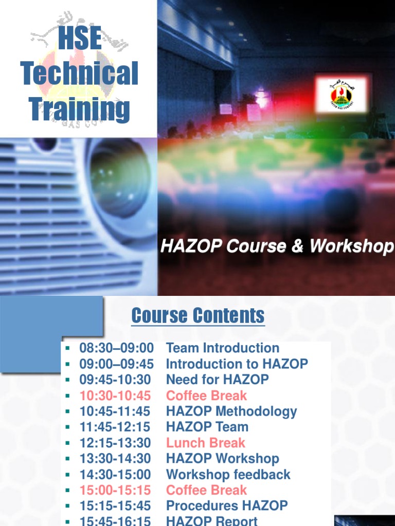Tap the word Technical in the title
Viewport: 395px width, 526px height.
click(80, 73)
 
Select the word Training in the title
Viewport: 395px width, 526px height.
click(80, 109)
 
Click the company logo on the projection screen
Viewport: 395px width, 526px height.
click(342, 94)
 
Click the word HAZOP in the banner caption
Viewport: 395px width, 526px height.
click(191, 247)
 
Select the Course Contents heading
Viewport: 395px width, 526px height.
click(198, 315)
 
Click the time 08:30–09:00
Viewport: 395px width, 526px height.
click(117, 348)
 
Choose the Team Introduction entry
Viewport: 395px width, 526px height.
click(223, 348)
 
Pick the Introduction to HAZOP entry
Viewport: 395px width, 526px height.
click(237, 364)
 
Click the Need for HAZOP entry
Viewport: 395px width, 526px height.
click(218, 380)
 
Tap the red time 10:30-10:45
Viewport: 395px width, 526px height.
click(115, 396)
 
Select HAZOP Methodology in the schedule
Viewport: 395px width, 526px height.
click(231, 411)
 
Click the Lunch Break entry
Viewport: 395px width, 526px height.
click(206, 443)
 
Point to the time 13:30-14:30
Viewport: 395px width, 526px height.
click(115, 459)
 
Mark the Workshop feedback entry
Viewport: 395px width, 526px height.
click(228, 475)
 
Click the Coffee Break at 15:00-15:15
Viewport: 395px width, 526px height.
click(207, 490)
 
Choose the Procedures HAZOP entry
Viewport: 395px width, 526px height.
click(227, 506)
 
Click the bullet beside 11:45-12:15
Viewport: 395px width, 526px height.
click(67, 427)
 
